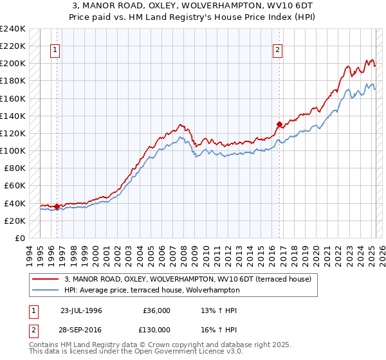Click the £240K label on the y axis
[13, 29]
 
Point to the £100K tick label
[13, 150]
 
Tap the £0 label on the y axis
[20, 238]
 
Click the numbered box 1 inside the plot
[55, 51]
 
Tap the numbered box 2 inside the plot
[277, 51]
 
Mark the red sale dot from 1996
[57, 206]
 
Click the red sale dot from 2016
[279, 124]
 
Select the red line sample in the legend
[46, 278]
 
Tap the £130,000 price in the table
[157, 330]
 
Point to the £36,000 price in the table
[157, 310]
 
